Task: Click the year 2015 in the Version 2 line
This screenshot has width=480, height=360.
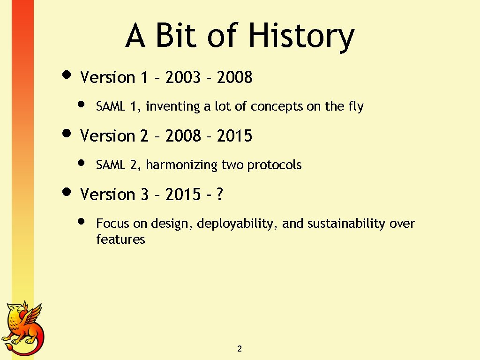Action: click(235, 136)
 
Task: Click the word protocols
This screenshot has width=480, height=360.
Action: click(274, 165)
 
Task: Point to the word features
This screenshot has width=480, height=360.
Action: click(120, 240)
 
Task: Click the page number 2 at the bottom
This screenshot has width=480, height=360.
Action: click(240, 349)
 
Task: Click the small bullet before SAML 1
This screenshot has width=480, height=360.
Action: click(81, 105)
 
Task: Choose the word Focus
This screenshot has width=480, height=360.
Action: click(113, 224)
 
